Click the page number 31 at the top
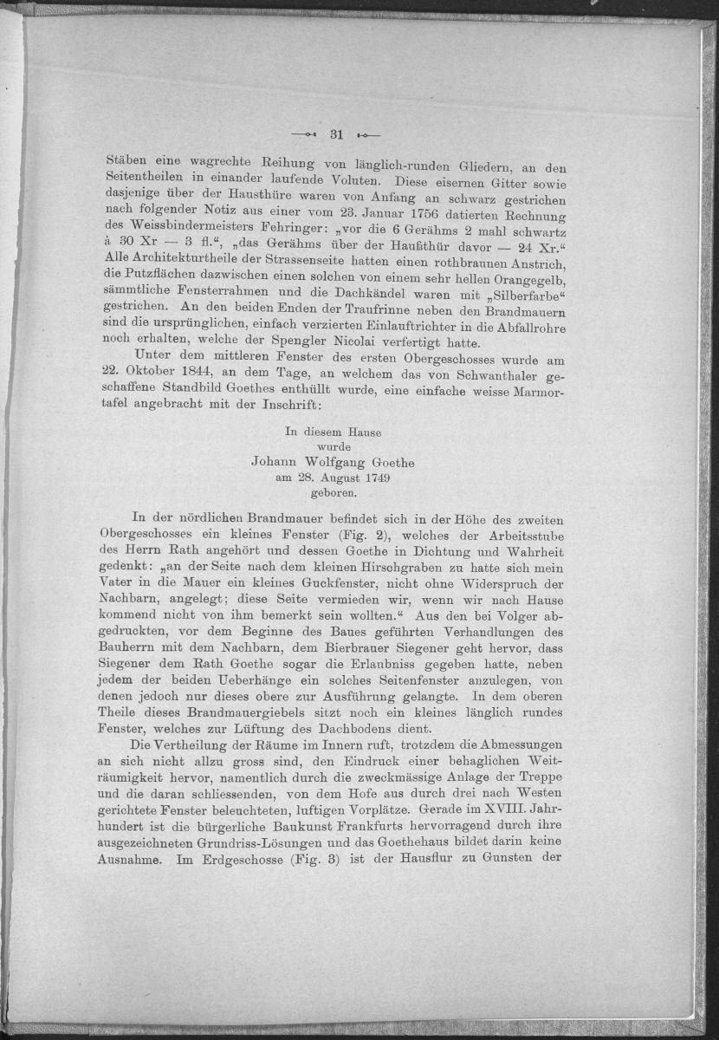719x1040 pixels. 338,134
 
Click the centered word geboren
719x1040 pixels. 334,492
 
